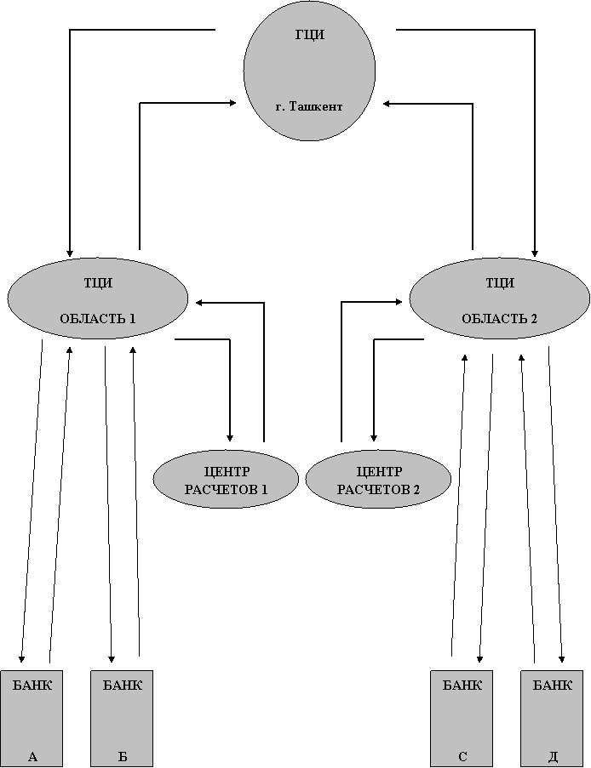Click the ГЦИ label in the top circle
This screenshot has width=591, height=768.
[309, 35]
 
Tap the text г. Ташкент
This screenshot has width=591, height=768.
[309, 106]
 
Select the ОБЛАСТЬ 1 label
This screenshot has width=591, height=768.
[98, 318]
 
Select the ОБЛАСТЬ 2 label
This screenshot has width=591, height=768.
[499, 318]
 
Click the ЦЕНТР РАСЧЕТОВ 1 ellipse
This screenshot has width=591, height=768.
[227, 479]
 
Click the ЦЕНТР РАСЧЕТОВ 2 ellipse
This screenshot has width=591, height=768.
[378, 479]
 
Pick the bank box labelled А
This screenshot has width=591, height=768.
[32, 718]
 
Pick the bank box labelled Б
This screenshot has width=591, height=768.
[122, 718]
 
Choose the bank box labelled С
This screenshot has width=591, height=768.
[462, 718]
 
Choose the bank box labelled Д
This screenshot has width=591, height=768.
[552, 718]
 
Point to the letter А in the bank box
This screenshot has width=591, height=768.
[32, 757]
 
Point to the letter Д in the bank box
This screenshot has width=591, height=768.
[553, 757]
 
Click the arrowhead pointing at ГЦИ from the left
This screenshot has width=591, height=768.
[233, 102]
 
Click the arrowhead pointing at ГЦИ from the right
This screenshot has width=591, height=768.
[387, 104]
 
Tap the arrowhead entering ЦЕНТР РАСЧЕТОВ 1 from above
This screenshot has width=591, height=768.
[230, 437]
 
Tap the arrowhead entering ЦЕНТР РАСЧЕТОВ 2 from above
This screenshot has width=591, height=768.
[374, 437]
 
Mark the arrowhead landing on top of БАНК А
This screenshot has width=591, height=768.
[21, 658]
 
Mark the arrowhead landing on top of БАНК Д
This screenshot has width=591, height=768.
[562, 658]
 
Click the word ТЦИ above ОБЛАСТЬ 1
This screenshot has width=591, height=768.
[98, 283]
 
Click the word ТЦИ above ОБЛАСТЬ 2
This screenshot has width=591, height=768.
[500, 283]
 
